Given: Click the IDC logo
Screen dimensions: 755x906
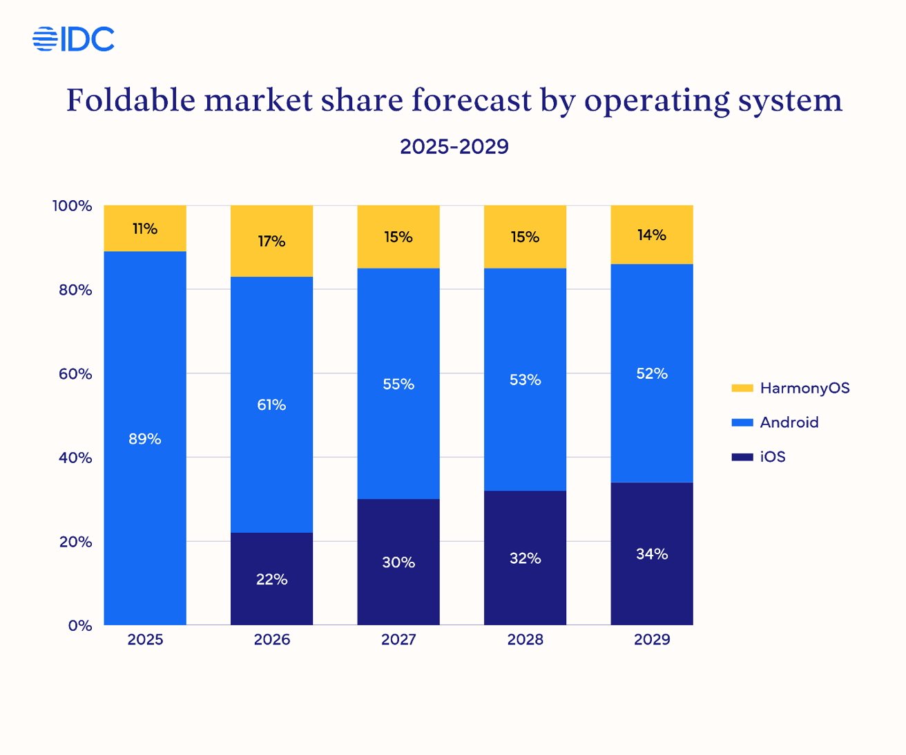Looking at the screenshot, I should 74,39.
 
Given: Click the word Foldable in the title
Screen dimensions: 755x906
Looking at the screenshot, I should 131,101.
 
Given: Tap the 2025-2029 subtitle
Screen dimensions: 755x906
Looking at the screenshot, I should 454,146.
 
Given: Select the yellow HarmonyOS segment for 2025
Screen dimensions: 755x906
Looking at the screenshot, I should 145,228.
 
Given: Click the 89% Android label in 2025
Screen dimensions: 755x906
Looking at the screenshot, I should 145,439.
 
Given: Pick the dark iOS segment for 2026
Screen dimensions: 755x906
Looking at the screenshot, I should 271,578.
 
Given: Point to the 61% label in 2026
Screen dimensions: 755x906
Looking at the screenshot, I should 271,405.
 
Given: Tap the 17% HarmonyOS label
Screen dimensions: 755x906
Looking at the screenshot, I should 271,242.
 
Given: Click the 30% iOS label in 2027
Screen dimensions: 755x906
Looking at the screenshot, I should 398,562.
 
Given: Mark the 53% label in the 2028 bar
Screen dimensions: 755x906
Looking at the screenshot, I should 525,380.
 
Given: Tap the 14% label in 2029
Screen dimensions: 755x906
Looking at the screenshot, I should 652,235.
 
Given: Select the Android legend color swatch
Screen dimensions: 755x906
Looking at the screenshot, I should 742,422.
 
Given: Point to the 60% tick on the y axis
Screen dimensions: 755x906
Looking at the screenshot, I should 75,374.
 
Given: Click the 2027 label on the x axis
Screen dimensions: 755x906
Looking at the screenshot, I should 398,640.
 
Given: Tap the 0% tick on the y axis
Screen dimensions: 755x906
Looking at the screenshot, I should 80,626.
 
